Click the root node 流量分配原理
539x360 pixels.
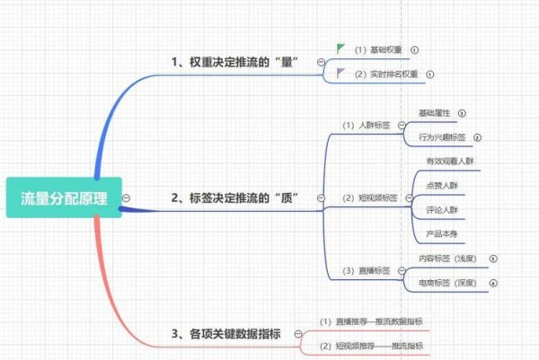(62, 198)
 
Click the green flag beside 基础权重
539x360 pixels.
(340, 48)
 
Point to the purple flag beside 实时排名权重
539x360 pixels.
(340, 74)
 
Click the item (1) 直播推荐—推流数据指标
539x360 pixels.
(372, 320)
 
